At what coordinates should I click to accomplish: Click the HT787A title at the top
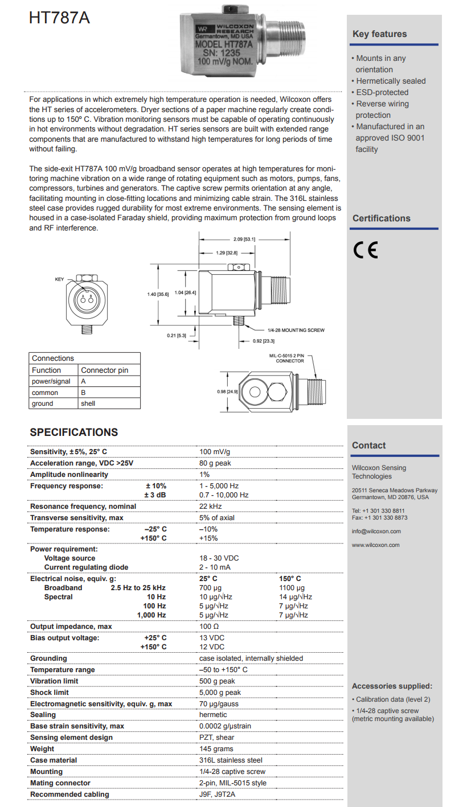click(59, 18)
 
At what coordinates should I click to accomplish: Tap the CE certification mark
click(365, 250)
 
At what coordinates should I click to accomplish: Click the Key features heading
click(379, 34)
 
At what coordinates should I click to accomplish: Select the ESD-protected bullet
click(382, 92)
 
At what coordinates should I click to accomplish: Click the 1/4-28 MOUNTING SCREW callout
click(296, 330)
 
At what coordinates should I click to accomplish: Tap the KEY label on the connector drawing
click(59, 279)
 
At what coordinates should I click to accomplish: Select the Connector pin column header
click(104, 370)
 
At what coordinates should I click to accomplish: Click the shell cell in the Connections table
click(88, 403)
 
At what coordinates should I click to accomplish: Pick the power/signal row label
click(51, 381)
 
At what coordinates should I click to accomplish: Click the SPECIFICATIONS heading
click(73, 433)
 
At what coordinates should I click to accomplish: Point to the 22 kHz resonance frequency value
click(210, 507)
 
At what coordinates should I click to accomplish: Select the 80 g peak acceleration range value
click(215, 463)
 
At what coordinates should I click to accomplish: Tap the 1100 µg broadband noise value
click(292, 588)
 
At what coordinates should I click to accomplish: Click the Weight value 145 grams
click(216, 749)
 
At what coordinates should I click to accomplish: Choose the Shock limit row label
click(50, 693)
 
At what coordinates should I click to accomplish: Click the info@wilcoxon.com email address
click(376, 532)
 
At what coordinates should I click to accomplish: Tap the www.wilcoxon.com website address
click(375, 545)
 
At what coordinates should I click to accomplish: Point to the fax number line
click(379, 518)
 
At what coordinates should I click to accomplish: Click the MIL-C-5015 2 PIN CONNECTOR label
click(290, 358)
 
